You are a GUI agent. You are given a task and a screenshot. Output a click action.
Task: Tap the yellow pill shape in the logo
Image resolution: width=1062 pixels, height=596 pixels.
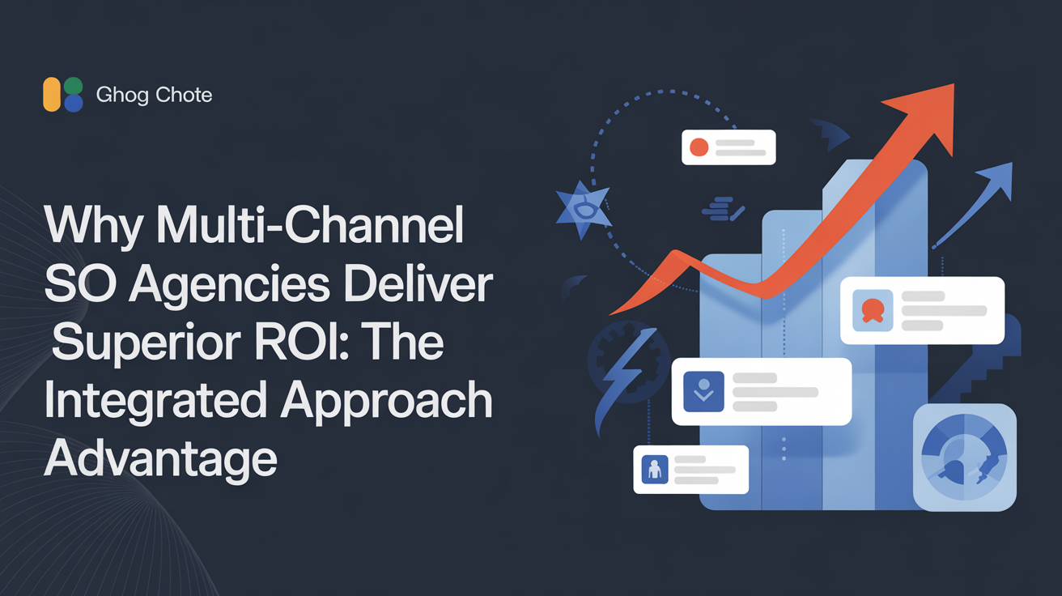[x=52, y=95]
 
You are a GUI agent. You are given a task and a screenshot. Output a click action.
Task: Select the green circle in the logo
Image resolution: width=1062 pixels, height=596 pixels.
[x=74, y=86]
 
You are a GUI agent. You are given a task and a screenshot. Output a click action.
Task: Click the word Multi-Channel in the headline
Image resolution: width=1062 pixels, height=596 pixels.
[x=310, y=225]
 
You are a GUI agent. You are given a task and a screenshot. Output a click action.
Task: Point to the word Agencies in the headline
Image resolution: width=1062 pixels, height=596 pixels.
[x=229, y=284]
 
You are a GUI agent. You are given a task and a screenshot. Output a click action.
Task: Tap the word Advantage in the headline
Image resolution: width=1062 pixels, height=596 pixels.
[x=161, y=459]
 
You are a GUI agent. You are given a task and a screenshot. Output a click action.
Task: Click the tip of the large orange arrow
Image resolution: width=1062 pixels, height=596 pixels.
[x=954, y=84]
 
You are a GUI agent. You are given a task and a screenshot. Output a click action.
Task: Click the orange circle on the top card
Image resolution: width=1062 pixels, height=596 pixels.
[x=699, y=147]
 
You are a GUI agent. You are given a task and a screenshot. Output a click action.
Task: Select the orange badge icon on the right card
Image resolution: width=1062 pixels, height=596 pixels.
[x=873, y=311]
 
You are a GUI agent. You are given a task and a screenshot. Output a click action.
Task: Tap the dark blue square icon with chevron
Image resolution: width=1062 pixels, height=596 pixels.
[x=703, y=392]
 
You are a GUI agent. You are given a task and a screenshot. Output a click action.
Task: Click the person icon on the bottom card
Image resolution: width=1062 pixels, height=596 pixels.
[x=655, y=470]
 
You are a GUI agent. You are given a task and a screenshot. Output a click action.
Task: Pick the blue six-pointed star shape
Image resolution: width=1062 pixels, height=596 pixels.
[x=584, y=209]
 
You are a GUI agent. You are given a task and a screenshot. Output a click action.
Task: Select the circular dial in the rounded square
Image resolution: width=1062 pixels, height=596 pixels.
[x=964, y=457]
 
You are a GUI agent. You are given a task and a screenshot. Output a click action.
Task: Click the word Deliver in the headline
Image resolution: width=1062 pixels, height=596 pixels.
[x=418, y=284]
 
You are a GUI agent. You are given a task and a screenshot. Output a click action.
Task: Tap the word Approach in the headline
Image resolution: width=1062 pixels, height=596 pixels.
[x=386, y=402]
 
